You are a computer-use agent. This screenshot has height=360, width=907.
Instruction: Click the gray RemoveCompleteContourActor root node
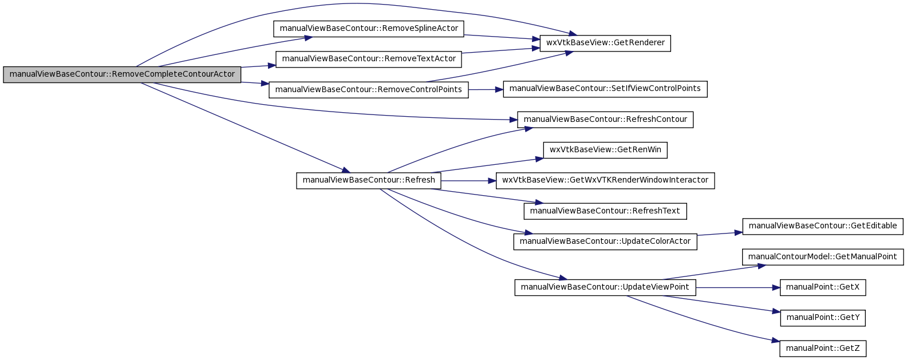122,74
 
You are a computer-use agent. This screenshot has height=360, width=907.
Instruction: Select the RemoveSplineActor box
369,29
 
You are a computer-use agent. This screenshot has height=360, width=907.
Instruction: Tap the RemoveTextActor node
369,59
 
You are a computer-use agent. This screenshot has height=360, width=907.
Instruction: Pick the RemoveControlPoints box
369,89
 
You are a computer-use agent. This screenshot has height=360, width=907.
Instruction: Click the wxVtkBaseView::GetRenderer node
605,43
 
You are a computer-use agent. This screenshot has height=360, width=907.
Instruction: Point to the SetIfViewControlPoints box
605,89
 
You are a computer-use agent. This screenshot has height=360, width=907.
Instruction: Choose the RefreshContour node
605,120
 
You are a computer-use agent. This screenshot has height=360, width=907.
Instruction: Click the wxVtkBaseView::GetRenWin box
605,150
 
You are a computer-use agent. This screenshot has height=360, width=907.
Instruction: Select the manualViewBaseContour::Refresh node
369,181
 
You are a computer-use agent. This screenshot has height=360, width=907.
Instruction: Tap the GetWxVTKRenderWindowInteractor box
605,181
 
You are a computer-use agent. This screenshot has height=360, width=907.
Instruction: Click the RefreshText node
605,211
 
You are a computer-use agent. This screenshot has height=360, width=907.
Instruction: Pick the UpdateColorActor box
605,242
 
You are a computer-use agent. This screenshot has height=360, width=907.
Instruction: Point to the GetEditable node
822,227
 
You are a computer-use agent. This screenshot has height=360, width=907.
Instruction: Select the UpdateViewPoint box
605,287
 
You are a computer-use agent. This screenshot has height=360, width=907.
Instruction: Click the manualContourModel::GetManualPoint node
822,257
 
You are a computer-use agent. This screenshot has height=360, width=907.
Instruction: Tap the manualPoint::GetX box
822,287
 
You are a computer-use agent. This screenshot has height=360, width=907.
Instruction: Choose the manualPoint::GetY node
822,318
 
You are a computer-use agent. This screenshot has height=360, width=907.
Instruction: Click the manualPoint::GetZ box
822,349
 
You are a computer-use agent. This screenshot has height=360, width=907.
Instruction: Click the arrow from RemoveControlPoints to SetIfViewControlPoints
486,89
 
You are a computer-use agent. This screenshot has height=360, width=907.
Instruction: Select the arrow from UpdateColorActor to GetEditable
720,234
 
